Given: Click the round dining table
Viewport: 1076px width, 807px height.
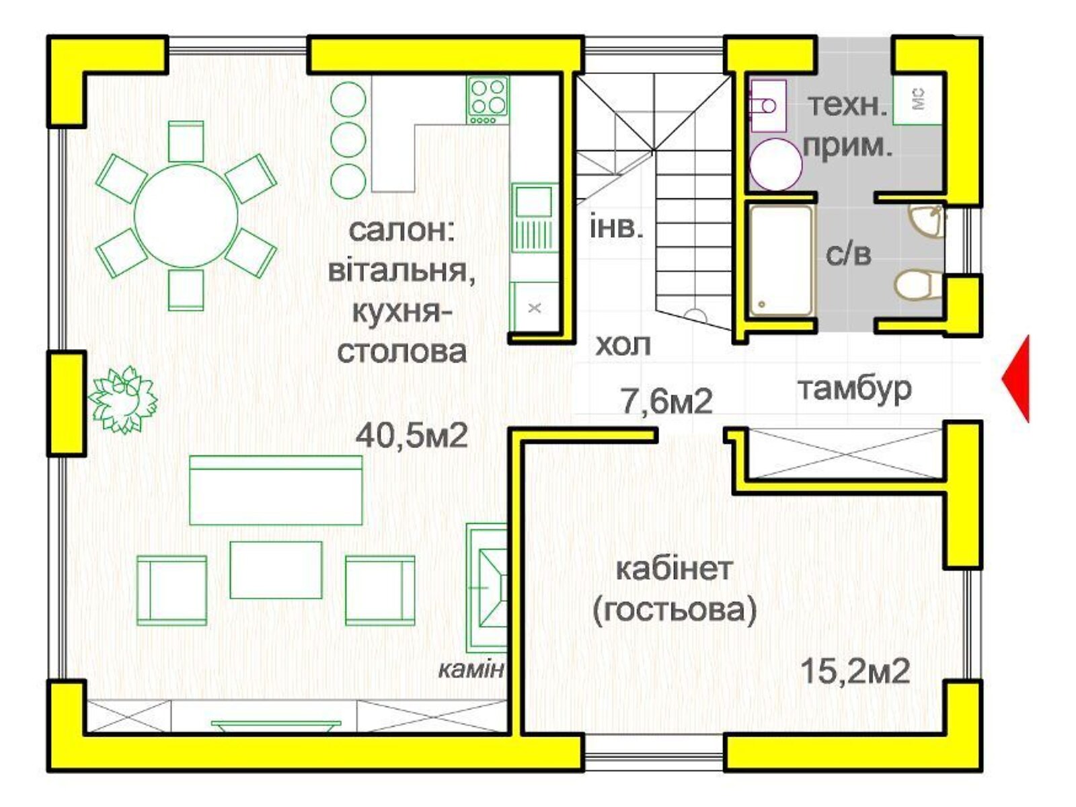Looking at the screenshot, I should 186,216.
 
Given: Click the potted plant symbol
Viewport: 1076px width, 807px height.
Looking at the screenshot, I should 123,399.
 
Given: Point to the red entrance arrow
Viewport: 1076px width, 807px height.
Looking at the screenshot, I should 1017,379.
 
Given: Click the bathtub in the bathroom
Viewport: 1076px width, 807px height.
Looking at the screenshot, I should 780,261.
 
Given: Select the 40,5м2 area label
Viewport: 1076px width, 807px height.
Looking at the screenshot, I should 412,435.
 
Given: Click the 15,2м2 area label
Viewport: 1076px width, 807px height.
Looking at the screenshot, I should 855,670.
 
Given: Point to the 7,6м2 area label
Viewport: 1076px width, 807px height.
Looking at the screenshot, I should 666,401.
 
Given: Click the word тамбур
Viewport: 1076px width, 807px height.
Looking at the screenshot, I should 855,388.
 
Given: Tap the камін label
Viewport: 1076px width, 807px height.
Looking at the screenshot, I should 471,669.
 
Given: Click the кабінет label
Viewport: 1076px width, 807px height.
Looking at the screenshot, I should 674,569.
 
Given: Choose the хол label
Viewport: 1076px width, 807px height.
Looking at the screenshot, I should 623,345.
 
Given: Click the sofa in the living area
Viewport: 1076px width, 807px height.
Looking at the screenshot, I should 276,490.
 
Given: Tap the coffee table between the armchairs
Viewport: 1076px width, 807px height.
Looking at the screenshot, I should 276,569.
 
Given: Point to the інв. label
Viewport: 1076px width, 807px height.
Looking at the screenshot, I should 616,227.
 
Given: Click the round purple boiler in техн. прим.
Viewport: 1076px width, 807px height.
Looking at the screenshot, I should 775,164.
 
